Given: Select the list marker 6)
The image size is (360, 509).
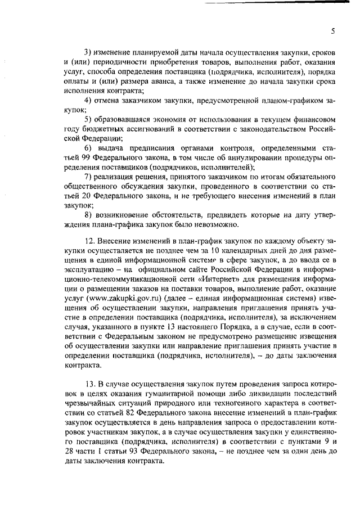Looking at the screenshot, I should coord(88,147).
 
